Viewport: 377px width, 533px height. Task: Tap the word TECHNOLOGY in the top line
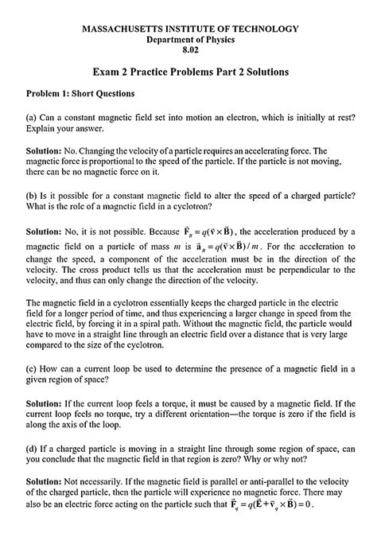263,29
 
